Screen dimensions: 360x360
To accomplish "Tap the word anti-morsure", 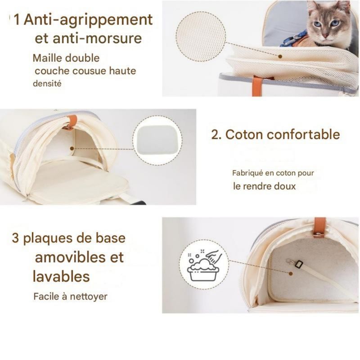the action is (97, 38).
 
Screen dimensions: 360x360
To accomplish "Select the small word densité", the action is (47, 83).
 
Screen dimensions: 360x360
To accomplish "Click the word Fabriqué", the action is (247, 173).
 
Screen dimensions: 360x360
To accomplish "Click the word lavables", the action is (61, 276).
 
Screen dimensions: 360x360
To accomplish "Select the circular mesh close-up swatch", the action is (201, 36).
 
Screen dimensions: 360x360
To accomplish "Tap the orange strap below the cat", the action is (257, 85).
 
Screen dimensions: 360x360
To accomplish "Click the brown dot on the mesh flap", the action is (280, 56).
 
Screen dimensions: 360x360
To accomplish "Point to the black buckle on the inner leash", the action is (298, 264).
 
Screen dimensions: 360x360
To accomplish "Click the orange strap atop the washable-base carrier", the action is (320, 227).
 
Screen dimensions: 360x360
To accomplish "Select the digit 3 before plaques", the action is (15, 238).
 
